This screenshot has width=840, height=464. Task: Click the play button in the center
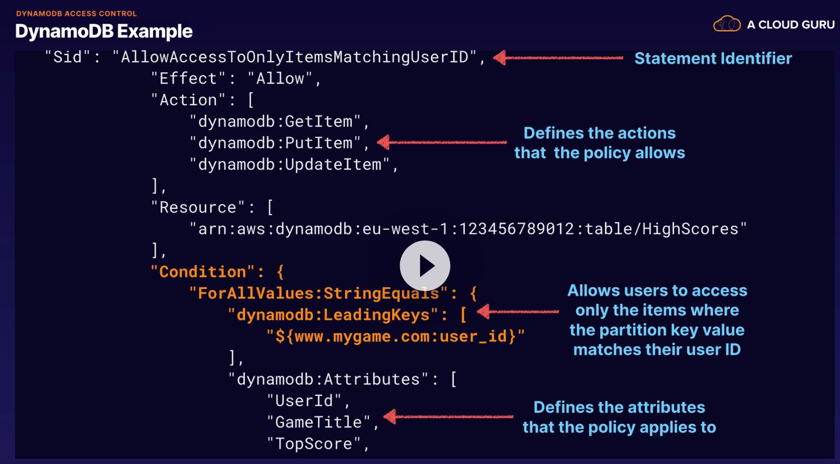pos(425,266)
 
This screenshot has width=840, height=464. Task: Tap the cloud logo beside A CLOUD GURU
pos(726,24)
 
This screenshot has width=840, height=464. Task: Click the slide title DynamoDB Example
pos(104,32)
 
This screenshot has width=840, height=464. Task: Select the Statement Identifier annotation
pos(713,58)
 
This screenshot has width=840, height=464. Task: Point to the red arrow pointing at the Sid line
pos(558,58)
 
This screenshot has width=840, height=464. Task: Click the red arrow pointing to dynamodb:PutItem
pos(441,142)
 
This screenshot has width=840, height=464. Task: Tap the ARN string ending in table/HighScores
pos(468,229)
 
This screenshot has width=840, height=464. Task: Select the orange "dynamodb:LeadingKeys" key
pos(333,315)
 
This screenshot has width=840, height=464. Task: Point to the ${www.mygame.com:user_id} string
pos(395,336)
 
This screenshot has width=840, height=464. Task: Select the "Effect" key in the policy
pos(188,79)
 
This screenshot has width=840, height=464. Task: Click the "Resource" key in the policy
pos(198,207)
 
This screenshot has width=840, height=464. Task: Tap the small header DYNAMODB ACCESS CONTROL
pos(76,14)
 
